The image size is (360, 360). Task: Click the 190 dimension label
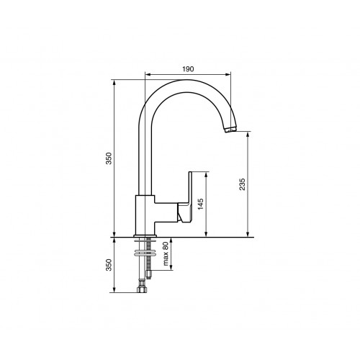[188, 69]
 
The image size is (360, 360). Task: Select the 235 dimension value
[243, 184]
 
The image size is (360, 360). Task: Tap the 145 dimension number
[201, 204]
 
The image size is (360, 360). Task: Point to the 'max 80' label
[166, 253]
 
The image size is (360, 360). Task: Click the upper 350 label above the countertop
[109, 158]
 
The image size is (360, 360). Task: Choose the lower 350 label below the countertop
[109, 265]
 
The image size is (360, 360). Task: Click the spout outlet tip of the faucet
[230, 129]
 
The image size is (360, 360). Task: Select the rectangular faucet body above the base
[145, 215]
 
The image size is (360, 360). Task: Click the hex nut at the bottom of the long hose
[141, 289]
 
